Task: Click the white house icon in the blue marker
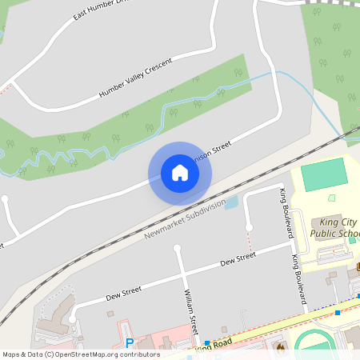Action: click(x=179, y=173)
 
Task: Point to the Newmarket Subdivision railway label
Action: click(x=185, y=219)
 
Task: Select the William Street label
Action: click(x=191, y=312)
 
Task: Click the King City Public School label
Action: click(x=333, y=228)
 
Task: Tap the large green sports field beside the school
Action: click(x=325, y=174)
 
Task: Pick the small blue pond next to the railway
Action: click(x=232, y=203)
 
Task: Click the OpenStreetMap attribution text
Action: click(x=81, y=354)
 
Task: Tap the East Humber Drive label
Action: click(x=100, y=9)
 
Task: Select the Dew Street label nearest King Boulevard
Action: click(x=238, y=258)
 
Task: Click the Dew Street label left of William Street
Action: click(x=123, y=294)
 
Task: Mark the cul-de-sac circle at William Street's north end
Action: click(x=177, y=249)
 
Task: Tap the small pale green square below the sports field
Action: click(x=332, y=198)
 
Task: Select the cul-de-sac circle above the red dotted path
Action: click(x=247, y=222)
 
